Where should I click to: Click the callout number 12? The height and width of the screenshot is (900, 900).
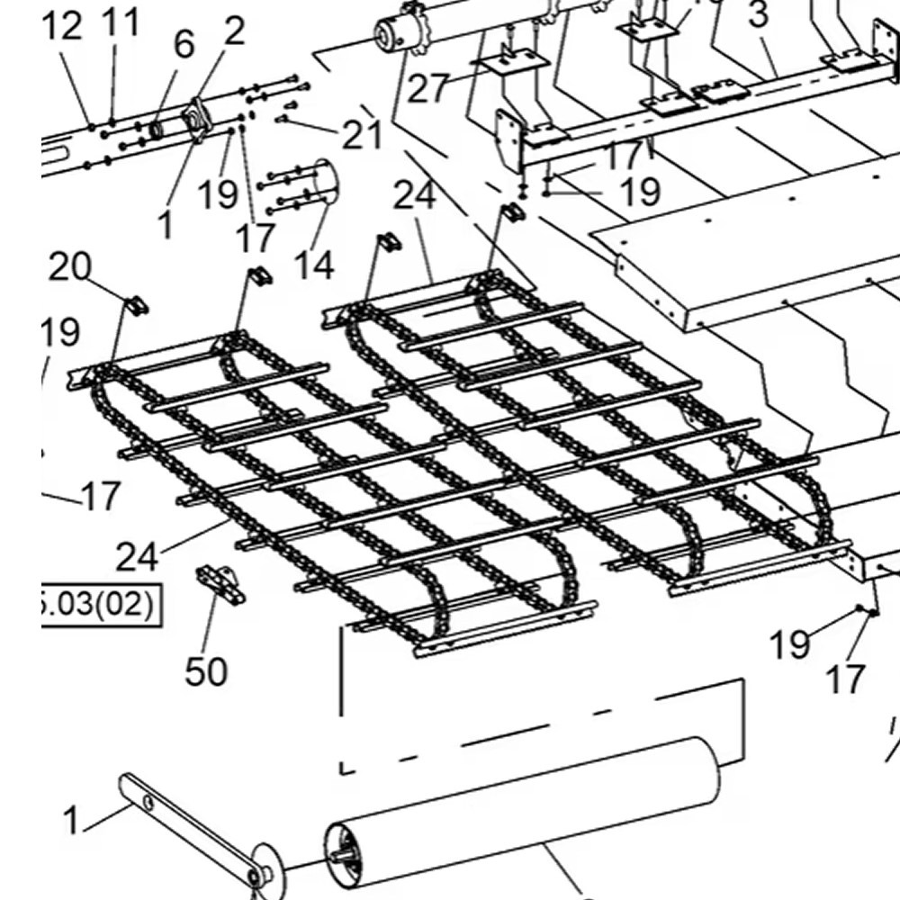click(62, 28)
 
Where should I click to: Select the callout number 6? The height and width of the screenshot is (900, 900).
click(183, 43)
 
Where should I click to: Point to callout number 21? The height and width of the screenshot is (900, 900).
click(362, 135)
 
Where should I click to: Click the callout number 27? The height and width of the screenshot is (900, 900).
click(428, 90)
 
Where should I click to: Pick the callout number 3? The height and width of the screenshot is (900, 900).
click(759, 15)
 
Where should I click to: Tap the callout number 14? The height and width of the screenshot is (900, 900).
click(313, 265)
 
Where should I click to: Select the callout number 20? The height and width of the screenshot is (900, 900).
click(69, 266)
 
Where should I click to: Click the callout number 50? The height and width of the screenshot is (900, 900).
click(206, 671)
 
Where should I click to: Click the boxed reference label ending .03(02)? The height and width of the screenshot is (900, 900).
click(99, 603)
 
